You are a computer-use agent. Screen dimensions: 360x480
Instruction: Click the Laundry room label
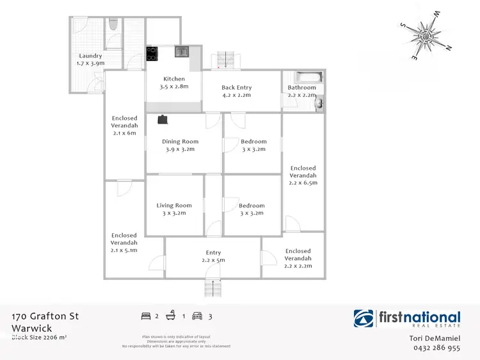(89, 60)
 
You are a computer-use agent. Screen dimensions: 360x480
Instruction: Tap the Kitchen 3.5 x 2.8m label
(174, 83)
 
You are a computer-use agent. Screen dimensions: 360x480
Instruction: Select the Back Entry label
(236, 91)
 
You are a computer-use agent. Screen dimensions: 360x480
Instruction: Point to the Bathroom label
(301, 91)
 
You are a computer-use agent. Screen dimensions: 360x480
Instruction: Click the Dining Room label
(180, 145)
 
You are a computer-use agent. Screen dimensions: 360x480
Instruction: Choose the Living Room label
(174, 209)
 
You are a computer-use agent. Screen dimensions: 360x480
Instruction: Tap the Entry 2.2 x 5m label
(213, 256)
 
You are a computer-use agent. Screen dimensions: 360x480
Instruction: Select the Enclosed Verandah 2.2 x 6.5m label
(303, 175)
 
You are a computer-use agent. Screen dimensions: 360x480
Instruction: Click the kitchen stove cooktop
(152, 54)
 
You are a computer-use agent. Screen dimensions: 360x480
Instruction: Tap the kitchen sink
(181, 51)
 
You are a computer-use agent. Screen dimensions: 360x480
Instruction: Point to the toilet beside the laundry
(113, 25)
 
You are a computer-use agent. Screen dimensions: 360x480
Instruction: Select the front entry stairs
(213, 289)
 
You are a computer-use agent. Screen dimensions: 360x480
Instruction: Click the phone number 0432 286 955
(436, 348)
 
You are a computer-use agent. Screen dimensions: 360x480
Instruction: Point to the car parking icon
(197, 316)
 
